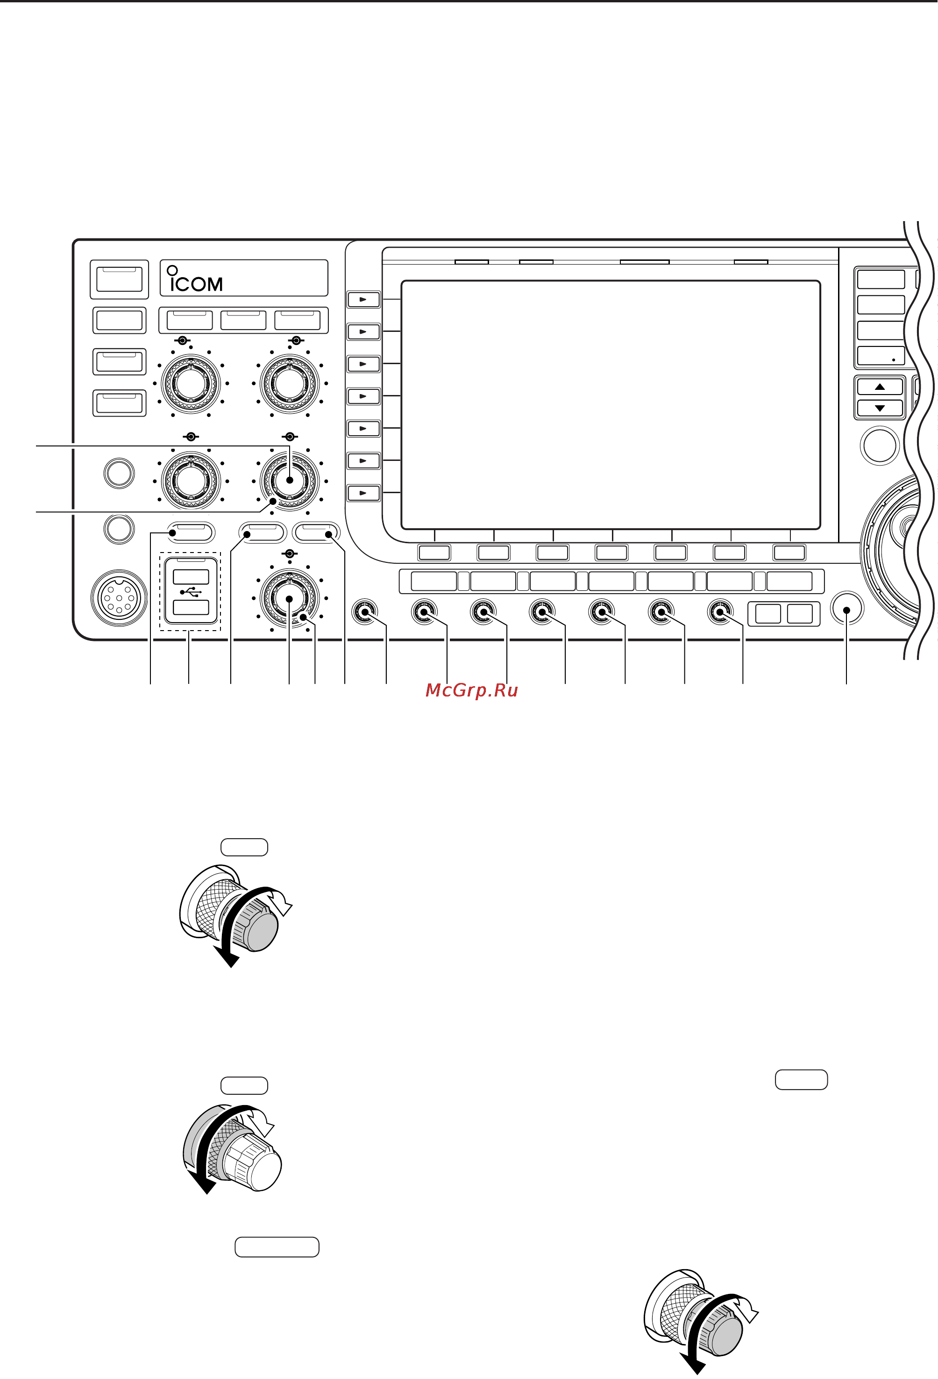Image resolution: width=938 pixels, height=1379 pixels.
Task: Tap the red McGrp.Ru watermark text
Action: (471, 690)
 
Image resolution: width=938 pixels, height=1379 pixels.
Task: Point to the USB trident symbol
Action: (191, 592)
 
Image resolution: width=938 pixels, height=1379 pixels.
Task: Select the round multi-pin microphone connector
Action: (119, 598)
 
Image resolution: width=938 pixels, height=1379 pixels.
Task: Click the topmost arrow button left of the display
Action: (363, 299)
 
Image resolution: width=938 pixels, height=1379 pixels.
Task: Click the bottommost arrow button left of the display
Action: (363, 493)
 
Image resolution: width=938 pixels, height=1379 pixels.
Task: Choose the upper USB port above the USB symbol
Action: (191, 577)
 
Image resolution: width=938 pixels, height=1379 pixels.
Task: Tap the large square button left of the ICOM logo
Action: (119, 280)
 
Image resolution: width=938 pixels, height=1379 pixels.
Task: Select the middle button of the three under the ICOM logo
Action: (243, 320)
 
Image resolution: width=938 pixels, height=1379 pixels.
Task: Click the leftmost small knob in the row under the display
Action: (365, 612)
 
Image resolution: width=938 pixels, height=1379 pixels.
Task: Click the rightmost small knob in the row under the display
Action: (720, 612)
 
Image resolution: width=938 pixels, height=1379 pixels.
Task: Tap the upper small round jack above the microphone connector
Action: (119, 473)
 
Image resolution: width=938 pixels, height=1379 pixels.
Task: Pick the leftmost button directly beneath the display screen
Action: (434, 553)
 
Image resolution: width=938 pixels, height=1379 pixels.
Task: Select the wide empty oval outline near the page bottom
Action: (277, 1247)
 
